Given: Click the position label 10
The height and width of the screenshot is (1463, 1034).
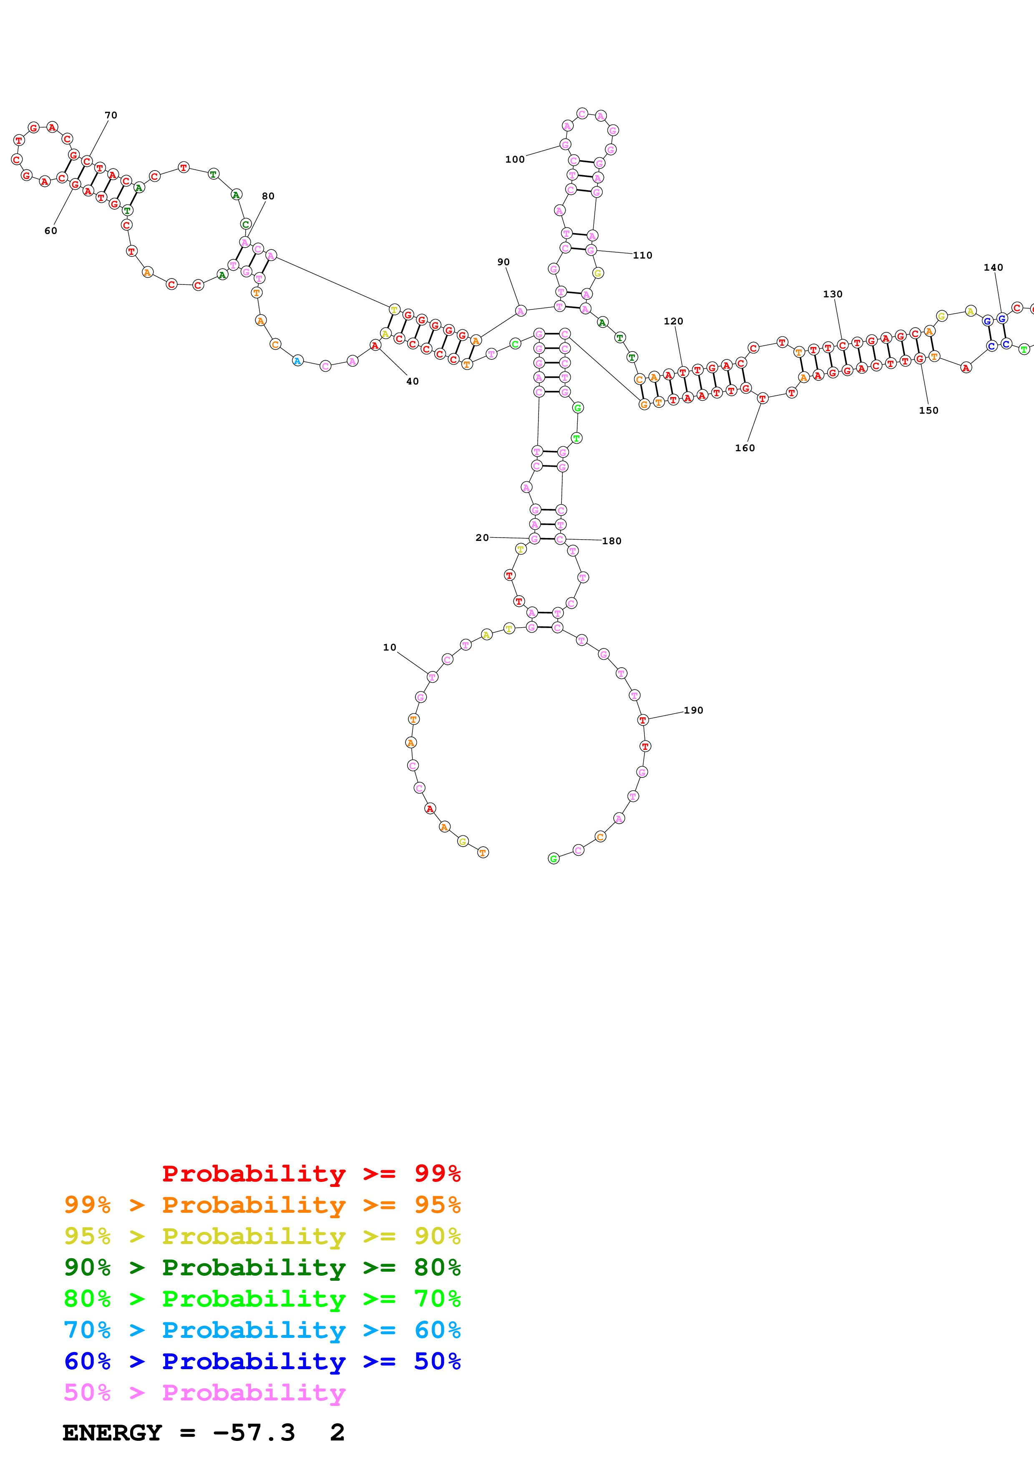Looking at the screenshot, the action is click(x=389, y=647).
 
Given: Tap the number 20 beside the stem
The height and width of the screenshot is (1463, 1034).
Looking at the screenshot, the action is click(x=482, y=538).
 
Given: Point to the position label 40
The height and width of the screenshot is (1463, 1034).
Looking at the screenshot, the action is click(x=412, y=382).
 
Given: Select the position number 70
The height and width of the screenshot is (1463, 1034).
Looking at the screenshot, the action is click(x=111, y=116).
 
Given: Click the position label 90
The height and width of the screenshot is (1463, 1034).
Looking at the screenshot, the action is click(x=503, y=262).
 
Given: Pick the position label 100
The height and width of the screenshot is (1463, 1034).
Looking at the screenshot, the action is click(x=515, y=159).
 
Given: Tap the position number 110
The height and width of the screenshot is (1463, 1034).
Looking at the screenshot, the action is click(x=642, y=256).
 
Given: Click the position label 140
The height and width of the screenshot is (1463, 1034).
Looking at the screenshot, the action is click(x=993, y=268).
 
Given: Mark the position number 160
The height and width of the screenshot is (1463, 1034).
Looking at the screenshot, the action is click(x=745, y=448).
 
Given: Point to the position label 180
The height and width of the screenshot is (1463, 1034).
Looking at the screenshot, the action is click(x=611, y=541).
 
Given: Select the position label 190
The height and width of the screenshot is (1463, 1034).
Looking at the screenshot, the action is click(x=693, y=711).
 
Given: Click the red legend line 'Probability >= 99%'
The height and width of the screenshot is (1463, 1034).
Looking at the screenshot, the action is click(x=311, y=1174).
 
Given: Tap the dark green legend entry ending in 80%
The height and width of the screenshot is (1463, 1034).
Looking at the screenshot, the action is click(x=262, y=1267).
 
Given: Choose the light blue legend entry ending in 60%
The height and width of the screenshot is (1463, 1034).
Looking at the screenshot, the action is click(x=262, y=1330).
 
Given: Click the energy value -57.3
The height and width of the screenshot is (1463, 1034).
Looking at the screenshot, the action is click(x=254, y=1433).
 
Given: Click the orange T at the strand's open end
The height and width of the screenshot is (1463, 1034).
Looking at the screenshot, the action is click(x=483, y=852).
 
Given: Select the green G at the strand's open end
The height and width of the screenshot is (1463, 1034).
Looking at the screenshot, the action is click(x=553, y=859).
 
